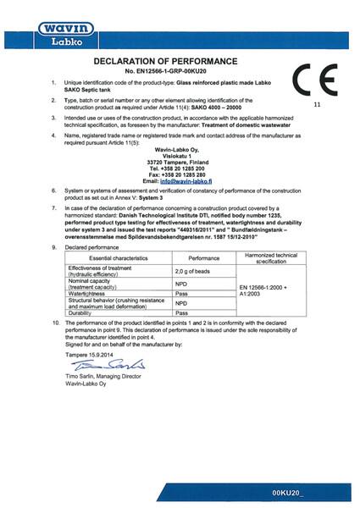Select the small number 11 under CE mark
[317, 105]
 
